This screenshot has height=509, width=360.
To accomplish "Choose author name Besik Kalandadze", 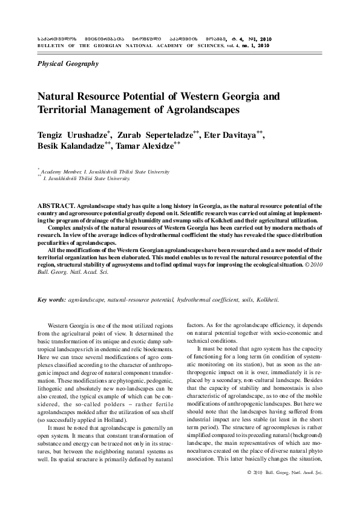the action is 73,147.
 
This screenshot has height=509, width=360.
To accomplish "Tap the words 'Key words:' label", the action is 51,300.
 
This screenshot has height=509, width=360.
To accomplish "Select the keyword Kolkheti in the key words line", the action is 265,300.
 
